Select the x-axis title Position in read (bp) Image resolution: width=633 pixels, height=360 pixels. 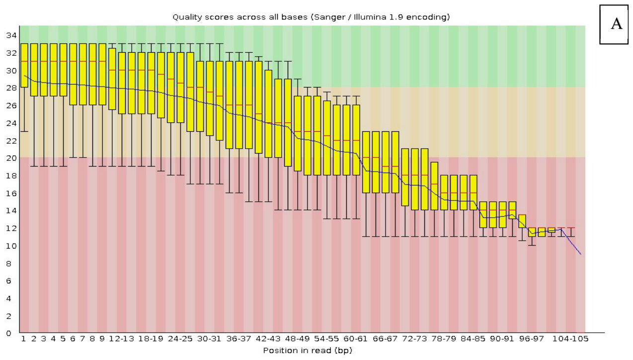(x=308, y=351)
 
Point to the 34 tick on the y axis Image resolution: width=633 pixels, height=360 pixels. (x=11, y=35)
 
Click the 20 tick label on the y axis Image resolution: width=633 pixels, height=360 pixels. (x=11, y=158)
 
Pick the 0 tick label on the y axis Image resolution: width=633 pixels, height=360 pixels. (x=8, y=334)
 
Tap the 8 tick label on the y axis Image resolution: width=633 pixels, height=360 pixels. (x=8, y=263)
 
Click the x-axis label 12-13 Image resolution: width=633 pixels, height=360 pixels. (x=121, y=339)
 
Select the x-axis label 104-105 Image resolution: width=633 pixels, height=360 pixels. (x=570, y=339)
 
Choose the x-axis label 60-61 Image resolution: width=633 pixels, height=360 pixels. (x=355, y=339)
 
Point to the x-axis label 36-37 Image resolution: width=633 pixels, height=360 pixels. (x=238, y=339)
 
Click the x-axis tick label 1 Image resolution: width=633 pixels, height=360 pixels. (x=23, y=339)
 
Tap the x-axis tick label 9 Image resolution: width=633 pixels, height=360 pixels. (x=102, y=339)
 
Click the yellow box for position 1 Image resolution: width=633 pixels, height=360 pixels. (x=24, y=65)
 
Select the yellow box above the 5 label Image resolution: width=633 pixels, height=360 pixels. (x=64, y=70)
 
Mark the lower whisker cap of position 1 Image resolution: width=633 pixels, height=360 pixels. (x=24, y=131)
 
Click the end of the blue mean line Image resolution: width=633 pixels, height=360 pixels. (x=581, y=254)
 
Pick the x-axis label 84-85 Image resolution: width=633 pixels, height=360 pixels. (x=473, y=339)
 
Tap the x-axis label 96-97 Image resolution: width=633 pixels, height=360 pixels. (x=531, y=339)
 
